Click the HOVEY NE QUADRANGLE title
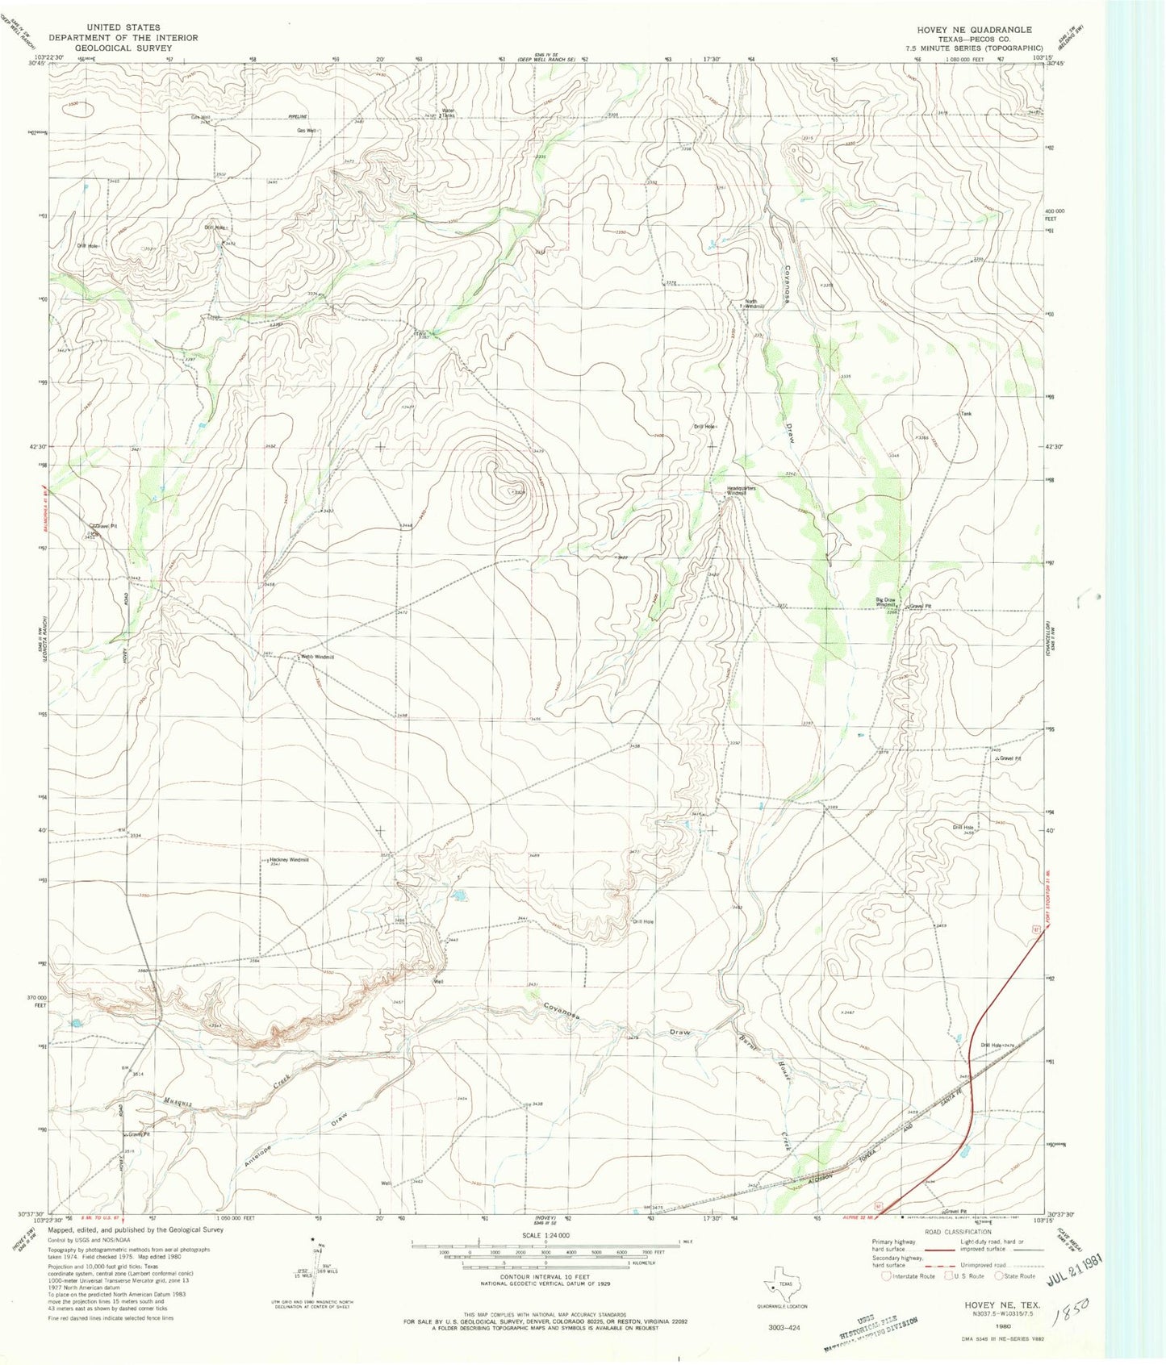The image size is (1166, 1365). pos(973,29)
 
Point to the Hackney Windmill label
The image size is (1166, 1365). pos(289,860)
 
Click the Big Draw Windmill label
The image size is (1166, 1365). pos(888,602)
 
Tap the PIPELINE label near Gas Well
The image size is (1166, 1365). pos(299,116)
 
